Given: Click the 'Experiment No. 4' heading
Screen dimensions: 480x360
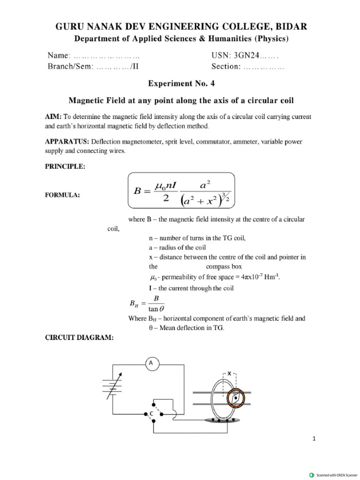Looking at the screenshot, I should click(180, 83).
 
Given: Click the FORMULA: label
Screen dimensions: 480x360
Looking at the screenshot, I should click(62, 195).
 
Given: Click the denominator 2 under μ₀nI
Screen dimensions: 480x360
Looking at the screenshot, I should click(165, 198).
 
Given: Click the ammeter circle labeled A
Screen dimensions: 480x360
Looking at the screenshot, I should click(150, 362).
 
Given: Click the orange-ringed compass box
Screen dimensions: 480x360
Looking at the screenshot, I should click(236, 397).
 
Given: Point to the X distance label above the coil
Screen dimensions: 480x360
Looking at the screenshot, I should click(230, 374).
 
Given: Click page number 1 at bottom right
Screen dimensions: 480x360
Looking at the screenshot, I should click(314, 438).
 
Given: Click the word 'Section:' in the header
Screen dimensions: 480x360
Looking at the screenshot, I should click(226, 67).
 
